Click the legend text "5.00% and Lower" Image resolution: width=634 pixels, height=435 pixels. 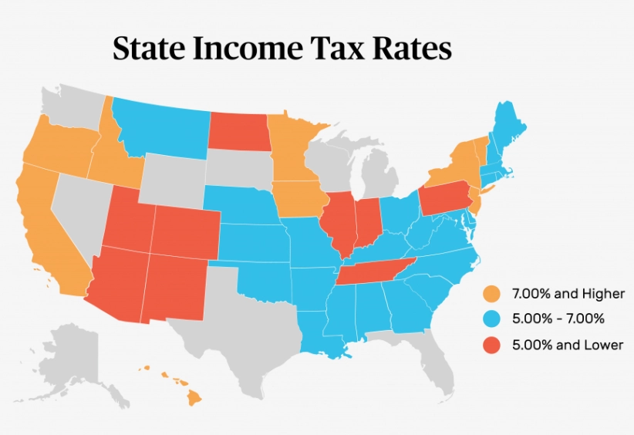pyautogui.click(x=567, y=345)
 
